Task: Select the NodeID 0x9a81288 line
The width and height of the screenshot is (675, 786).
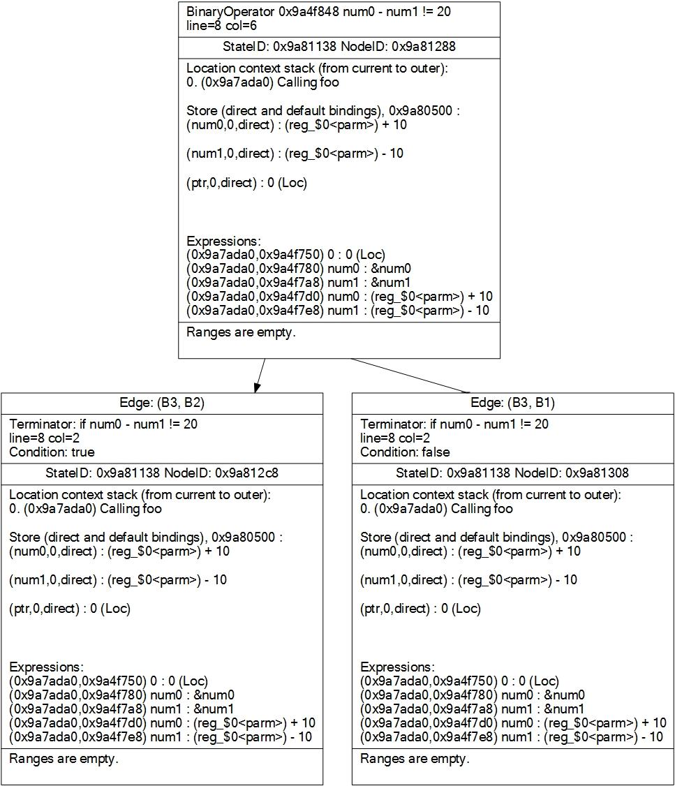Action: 339,47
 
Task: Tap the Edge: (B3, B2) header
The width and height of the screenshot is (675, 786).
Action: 162,403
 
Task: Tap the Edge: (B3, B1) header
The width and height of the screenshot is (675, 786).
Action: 513,403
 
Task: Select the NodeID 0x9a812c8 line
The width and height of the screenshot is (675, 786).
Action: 162,473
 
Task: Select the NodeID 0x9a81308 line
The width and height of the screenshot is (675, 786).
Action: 513,473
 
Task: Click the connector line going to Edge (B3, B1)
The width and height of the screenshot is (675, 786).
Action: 412,376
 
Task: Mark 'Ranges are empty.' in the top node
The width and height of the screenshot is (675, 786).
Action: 241,332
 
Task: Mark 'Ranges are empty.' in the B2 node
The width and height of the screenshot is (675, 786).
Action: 64,759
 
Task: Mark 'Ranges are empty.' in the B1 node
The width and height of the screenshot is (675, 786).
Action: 415,759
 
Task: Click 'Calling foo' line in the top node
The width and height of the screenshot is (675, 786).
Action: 262,82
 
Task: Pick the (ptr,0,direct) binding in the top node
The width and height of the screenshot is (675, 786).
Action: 246,183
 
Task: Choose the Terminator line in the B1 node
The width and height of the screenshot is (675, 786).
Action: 454,424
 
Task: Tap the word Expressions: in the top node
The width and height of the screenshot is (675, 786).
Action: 223,242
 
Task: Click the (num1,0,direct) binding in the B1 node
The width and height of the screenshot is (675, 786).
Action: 468,580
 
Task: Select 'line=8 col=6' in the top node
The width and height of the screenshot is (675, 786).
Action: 222,25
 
